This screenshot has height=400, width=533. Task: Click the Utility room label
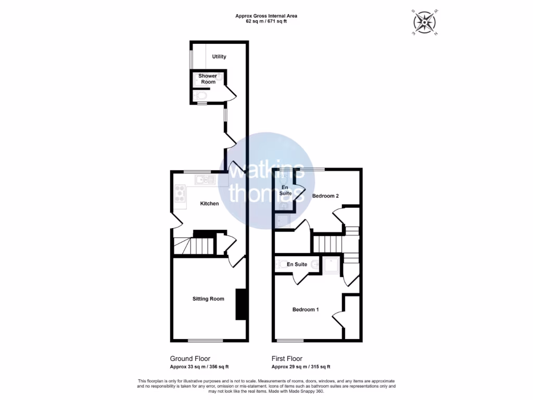tap(219, 56)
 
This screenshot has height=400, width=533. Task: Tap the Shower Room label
tap(208, 79)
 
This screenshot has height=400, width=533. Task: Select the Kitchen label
tap(209, 203)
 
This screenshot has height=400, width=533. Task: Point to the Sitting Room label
tap(208, 298)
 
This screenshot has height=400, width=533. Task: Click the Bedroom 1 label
tap(305, 309)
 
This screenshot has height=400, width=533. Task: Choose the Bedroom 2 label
tap(325, 196)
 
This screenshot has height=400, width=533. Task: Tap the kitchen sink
tap(205, 180)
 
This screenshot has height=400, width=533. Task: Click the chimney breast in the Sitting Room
tap(240, 304)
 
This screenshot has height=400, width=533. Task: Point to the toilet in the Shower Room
tap(200, 96)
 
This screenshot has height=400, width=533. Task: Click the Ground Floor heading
tap(190, 358)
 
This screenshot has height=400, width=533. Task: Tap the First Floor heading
tap(287, 358)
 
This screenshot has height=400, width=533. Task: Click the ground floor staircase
tap(194, 245)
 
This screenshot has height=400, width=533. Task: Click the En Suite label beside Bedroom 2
tap(285, 190)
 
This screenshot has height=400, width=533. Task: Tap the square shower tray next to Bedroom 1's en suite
tap(332, 266)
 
